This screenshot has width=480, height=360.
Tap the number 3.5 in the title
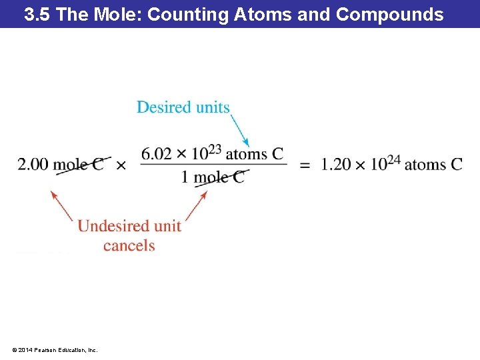pos(37,15)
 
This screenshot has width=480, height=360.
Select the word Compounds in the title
pos(390,15)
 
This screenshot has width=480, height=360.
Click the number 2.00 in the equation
pos(33,165)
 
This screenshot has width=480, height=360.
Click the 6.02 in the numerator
pos(157,155)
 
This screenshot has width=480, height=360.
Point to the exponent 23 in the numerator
pos(215,149)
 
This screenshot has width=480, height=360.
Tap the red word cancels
pos(129,245)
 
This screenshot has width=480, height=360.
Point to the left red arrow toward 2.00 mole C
pos(62,206)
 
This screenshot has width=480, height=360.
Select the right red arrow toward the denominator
pos(194,206)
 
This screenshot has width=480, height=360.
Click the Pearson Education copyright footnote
pos(54,349)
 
